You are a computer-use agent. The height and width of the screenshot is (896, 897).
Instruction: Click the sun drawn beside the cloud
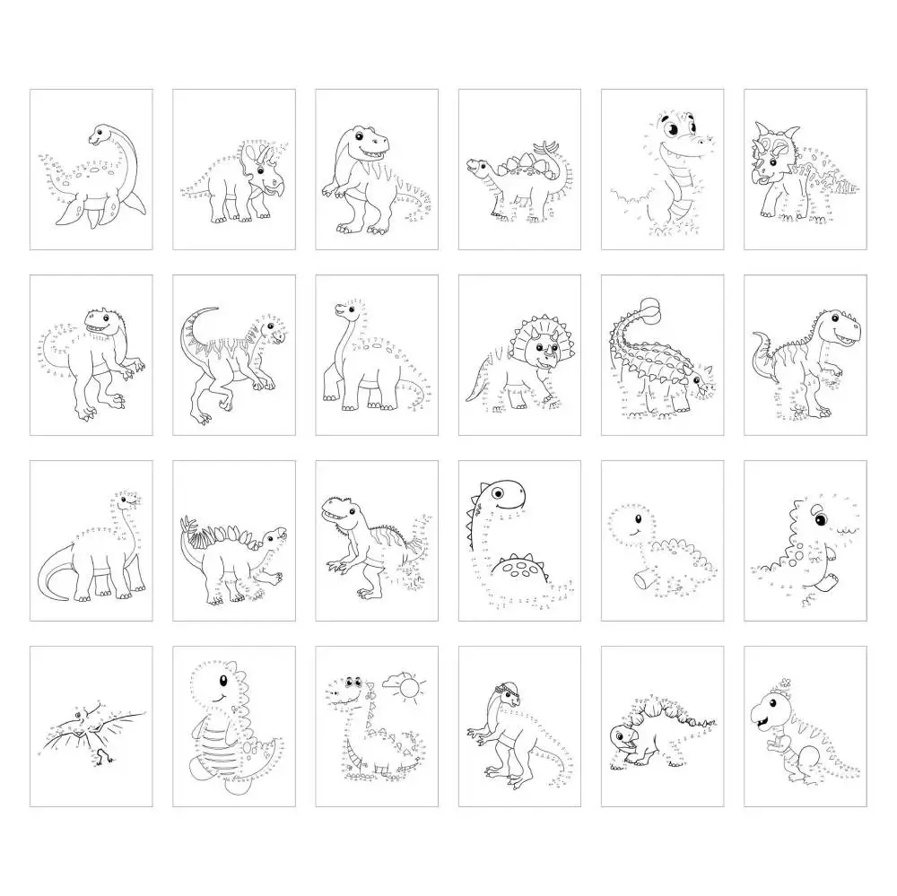[410, 689]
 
